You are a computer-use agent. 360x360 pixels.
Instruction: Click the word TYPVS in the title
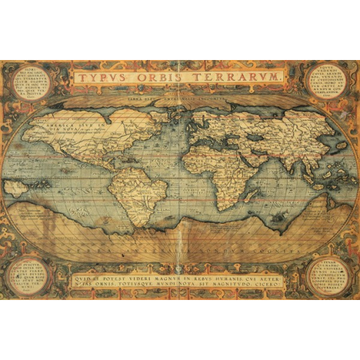tap(103, 77)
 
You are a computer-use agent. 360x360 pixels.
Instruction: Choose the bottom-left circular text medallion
tap(27, 275)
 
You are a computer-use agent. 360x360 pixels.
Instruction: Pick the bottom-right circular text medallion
tap(332, 275)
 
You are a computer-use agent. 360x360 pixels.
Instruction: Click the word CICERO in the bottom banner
tap(275, 287)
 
